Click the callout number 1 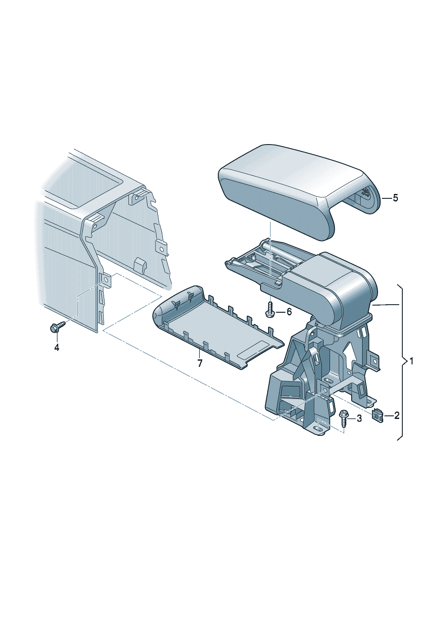pyautogui.click(x=411, y=361)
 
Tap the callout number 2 pyautogui.click(x=397, y=415)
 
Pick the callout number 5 pyautogui.click(x=395, y=198)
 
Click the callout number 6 pyautogui.click(x=289, y=312)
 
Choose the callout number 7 pyautogui.click(x=200, y=363)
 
